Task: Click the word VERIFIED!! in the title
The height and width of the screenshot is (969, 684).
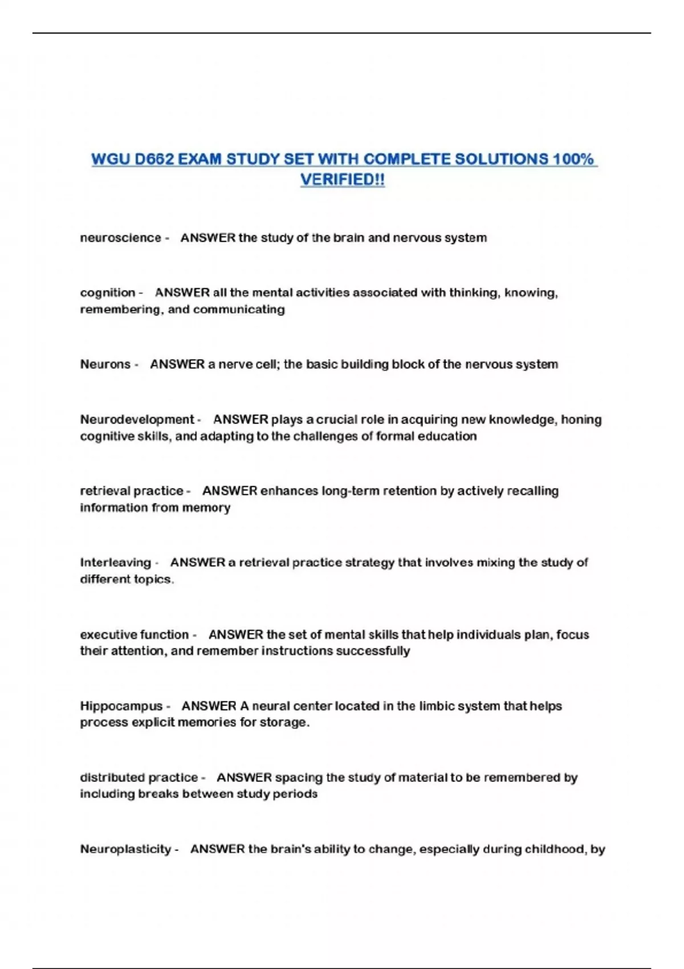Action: pyautogui.click(x=343, y=180)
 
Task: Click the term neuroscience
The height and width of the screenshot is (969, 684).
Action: pyautogui.click(x=120, y=238)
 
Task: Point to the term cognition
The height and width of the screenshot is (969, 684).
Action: pyautogui.click(x=108, y=293)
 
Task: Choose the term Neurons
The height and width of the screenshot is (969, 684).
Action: pyautogui.click(x=105, y=364)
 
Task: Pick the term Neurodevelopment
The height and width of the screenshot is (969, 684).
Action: pyautogui.click(x=137, y=420)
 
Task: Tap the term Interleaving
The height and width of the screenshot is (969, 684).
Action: pyautogui.click(x=115, y=563)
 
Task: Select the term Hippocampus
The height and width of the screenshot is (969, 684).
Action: pyautogui.click(x=121, y=706)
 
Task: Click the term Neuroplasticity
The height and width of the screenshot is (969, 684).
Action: pyautogui.click(x=125, y=849)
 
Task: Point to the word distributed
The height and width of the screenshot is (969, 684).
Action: pyautogui.click(x=110, y=777)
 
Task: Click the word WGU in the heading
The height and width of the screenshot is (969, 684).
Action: pyautogui.click(x=111, y=159)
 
